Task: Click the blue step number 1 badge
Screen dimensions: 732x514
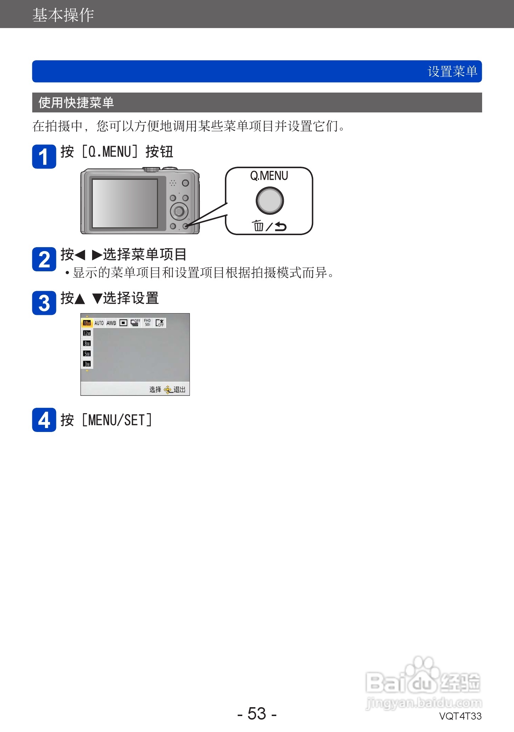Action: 44,156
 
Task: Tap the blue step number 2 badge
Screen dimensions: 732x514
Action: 44,259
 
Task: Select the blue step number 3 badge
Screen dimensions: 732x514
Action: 44,303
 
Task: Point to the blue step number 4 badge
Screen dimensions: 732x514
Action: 44,420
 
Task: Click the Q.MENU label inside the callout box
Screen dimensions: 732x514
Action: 269,176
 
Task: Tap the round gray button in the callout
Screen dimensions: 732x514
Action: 270,200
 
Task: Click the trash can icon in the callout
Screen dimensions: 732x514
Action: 258,225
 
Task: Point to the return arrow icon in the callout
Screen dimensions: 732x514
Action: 281,226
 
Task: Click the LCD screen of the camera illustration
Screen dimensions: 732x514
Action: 125,203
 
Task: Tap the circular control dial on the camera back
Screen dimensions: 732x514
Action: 179,212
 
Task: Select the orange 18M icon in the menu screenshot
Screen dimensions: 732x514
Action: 87,323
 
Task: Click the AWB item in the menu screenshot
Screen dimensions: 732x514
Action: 111,323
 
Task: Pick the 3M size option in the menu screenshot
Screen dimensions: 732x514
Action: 87,364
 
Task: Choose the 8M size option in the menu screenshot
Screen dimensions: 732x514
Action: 87,343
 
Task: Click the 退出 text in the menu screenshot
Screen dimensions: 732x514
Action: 180,389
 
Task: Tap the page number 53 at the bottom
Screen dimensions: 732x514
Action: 257,714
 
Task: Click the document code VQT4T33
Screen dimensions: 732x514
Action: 460,716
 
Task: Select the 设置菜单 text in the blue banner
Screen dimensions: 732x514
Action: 452,71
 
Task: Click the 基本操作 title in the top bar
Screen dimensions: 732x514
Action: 63,15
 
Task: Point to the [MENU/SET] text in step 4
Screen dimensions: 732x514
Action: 117,420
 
